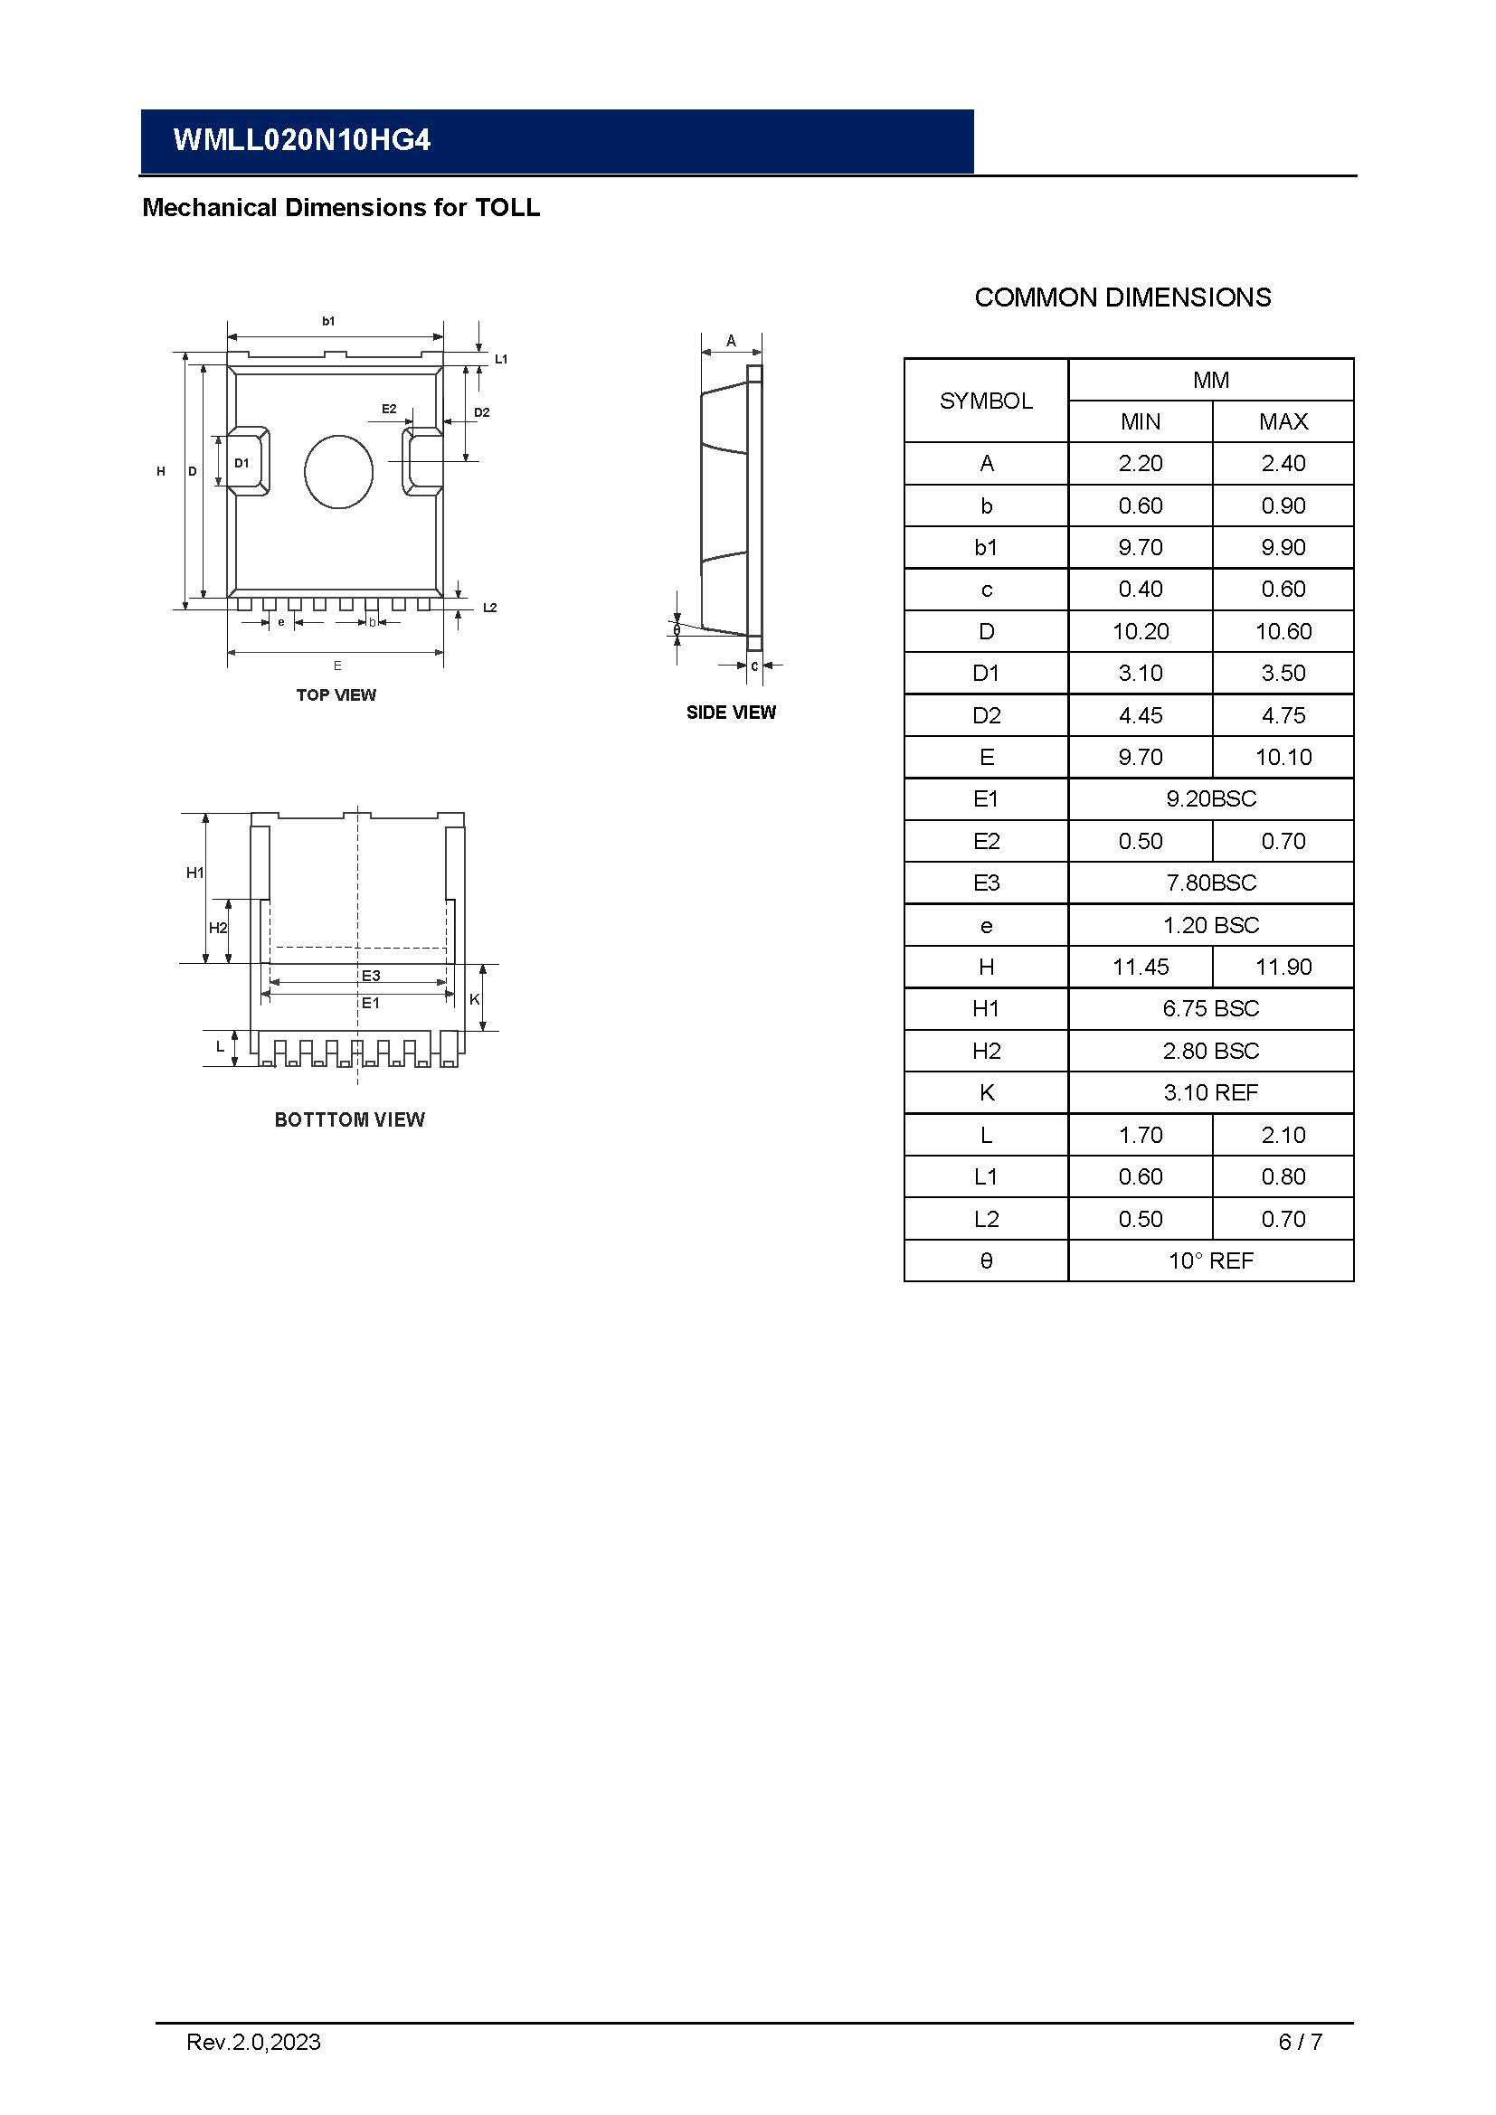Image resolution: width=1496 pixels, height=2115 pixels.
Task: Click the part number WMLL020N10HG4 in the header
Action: pyautogui.click(x=301, y=140)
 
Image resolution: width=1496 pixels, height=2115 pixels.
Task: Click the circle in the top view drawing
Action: pyautogui.click(x=338, y=472)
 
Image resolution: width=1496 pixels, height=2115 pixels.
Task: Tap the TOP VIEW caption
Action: pyautogui.click(x=336, y=694)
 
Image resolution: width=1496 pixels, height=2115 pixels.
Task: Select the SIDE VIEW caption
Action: pyautogui.click(x=731, y=712)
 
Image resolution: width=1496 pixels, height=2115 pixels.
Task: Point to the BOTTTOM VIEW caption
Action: pyautogui.click(x=349, y=1119)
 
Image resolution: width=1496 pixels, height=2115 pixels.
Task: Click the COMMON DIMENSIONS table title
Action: pyautogui.click(x=1122, y=297)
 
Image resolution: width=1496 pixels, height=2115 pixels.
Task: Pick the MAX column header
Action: pyautogui.click(x=1283, y=422)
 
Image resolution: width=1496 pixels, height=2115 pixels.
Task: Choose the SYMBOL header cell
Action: pyautogui.click(x=986, y=401)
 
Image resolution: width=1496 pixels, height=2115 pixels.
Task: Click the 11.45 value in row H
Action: pyautogui.click(x=1141, y=968)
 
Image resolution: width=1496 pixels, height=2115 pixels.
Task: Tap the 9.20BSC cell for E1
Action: pyautogui.click(x=1210, y=798)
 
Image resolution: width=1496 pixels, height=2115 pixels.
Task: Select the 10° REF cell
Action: pyautogui.click(x=1210, y=1261)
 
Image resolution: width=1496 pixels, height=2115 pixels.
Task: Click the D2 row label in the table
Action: pyautogui.click(x=986, y=715)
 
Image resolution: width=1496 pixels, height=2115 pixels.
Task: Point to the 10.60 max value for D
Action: pyautogui.click(x=1283, y=631)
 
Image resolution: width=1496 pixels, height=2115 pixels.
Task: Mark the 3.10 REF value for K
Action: pyautogui.click(x=1210, y=1092)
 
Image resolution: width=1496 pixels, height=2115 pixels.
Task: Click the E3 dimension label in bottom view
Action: pyautogui.click(x=370, y=976)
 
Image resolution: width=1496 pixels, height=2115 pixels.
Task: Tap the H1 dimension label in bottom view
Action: pyautogui.click(x=195, y=873)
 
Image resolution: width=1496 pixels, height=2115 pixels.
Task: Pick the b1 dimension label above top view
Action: pyautogui.click(x=329, y=321)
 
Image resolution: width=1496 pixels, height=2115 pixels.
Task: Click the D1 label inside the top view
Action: pyautogui.click(x=241, y=462)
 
